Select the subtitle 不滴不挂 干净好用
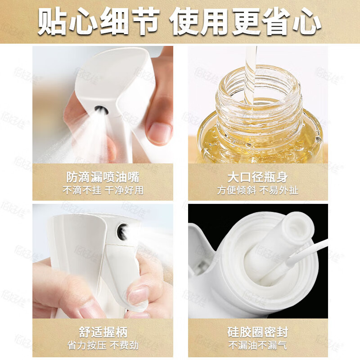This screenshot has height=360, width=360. pos(103,190)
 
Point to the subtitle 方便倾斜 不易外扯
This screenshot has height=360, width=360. pos(258,190)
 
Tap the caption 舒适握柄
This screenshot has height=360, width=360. pos(103,333)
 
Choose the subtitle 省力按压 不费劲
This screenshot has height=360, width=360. pos(103,346)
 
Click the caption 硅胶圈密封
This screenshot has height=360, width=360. pos(258,333)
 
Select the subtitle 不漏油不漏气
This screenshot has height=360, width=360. pos(258,346)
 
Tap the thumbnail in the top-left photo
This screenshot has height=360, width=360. pos(158,133)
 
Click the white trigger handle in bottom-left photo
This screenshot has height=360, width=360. pos(121,279)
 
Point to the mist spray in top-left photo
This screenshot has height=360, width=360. pos(67,135)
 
